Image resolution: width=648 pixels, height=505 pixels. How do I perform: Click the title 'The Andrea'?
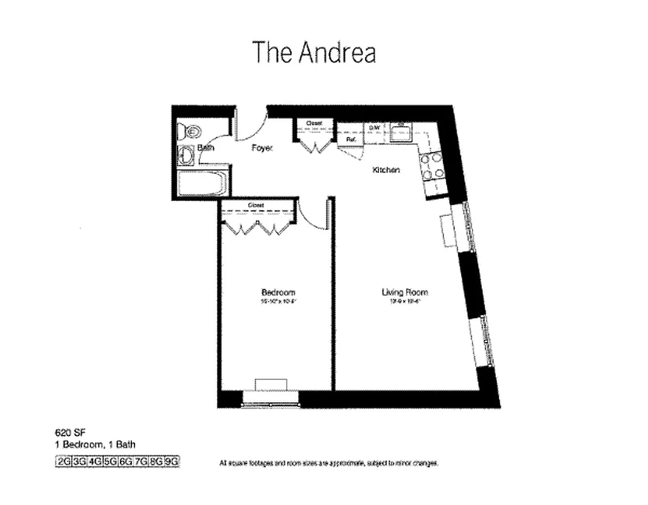(314, 52)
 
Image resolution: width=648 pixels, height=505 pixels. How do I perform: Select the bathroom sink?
(185, 155)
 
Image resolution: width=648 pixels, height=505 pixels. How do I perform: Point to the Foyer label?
(261, 148)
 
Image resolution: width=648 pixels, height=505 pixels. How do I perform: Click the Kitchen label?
(386, 170)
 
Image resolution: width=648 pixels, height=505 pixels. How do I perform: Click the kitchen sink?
(401, 133)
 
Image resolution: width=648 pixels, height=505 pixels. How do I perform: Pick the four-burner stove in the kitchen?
(433, 166)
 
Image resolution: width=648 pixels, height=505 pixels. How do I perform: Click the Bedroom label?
(278, 292)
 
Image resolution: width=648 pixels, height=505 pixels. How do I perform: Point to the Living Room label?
(404, 292)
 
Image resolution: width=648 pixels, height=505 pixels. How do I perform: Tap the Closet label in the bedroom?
(256, 205)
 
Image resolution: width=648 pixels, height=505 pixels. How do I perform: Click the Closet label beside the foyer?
(314, 123)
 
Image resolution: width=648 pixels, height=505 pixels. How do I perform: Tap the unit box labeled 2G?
(64, 462)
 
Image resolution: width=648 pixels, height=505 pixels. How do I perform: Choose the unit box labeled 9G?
(172, 462)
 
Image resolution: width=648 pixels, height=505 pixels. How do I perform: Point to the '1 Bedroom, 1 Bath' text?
(95, 444)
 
